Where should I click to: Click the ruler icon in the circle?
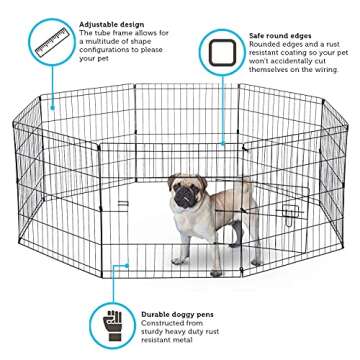pos(48,45)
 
